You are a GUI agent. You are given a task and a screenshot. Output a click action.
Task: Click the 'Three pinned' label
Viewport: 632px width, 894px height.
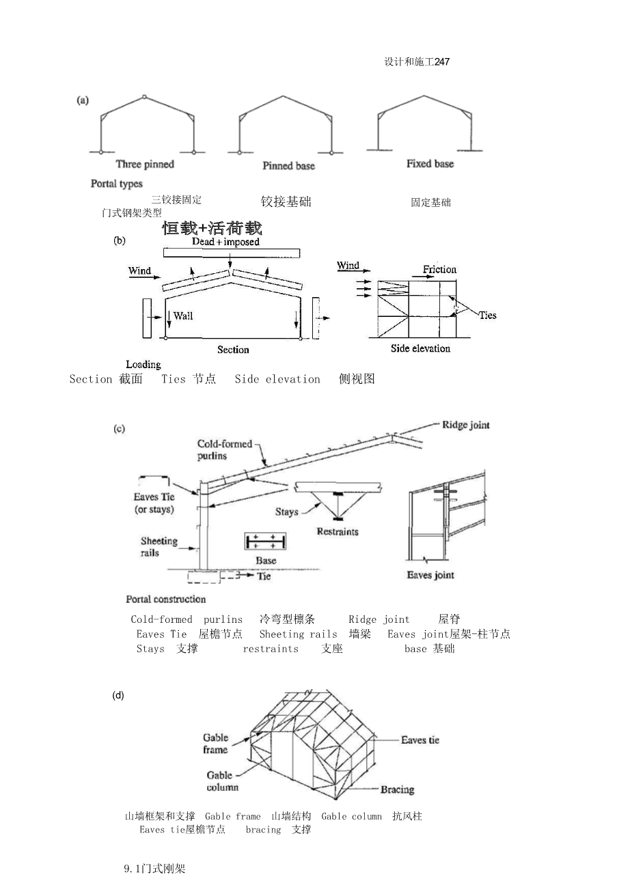point(145,164)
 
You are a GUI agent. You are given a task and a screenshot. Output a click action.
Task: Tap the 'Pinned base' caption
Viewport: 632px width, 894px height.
point(288,166)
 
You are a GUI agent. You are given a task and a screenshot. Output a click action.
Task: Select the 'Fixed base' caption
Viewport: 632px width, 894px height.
point(430,164)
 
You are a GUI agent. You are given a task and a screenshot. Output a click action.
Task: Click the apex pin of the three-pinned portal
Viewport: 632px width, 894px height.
point(143,97)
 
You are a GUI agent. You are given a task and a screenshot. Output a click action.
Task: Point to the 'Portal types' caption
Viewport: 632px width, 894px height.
point(117,184)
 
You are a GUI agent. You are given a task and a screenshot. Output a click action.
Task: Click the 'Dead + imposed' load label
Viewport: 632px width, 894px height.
point(225,242)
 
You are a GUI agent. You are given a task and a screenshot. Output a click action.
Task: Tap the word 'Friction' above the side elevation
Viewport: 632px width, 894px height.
point(439,269)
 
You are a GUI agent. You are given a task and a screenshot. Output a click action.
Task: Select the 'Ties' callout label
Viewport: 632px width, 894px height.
point(487,315)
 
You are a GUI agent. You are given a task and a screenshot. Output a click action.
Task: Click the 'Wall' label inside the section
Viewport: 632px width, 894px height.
point(182,316)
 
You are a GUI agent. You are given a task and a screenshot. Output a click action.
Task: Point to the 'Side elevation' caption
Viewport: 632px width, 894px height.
point(420,348)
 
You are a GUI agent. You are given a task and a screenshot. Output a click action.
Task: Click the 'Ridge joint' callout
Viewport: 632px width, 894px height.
point(465,425)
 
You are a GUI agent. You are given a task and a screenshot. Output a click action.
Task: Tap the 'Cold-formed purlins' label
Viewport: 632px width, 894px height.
point(224,449)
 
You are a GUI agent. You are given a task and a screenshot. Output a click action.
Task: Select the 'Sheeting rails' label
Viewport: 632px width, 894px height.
point(159,546)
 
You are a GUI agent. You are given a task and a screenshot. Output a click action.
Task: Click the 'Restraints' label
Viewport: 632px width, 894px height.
point(338,531)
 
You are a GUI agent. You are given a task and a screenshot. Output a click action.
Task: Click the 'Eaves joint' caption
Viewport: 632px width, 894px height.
point(430,575)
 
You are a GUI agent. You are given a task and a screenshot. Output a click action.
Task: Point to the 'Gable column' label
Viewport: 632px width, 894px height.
point(223,781)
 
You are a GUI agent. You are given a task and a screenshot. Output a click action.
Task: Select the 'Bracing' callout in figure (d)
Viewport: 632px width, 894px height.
point(397,790)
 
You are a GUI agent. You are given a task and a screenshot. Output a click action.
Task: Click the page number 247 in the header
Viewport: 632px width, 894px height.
point(441,62)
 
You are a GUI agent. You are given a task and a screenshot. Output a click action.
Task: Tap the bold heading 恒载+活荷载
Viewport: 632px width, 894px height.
point(212,227)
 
